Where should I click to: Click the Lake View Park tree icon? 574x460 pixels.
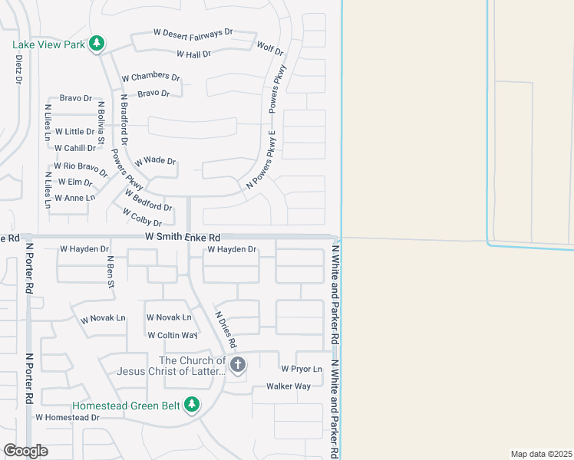click(96, 44)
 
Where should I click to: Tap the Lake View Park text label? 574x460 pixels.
click(48, 44)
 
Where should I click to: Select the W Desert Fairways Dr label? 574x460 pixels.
click(193, 33)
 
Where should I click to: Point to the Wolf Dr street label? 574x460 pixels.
click(270, 51)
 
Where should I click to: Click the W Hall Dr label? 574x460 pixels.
click(193, 54)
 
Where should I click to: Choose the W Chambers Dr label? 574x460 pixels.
click(150, 77)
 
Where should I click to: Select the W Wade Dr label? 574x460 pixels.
click(155, 162)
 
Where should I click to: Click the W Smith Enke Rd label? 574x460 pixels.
click(183, 238)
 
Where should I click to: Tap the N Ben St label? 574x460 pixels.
click(111, 272)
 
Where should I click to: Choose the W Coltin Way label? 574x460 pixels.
click(172, 335)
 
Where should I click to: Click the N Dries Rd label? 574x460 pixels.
click(226, 329)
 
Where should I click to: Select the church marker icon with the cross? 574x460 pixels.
click(238, 364)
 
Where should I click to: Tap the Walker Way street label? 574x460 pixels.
click(288, 386)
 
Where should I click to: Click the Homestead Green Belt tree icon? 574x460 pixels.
click(192, 404)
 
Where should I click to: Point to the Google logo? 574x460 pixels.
click(25, 451)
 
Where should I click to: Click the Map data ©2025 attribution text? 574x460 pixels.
click(540, 454)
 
